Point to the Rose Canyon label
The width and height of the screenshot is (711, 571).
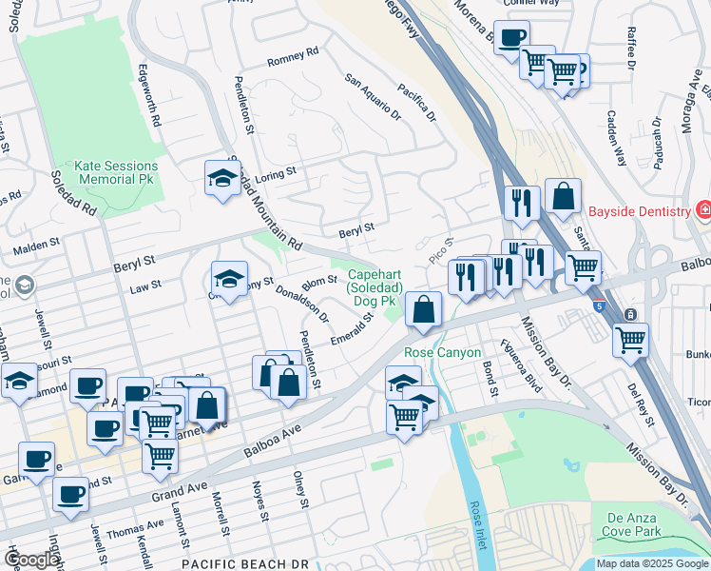pyautogui.click(x=438, y=352)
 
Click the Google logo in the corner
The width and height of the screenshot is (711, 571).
pyautogui.click(x=29, y=560)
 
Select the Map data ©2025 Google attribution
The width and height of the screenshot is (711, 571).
pyautogui.click(x=651, y=563)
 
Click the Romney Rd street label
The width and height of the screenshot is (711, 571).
pyautogui.click(x=292, y=59)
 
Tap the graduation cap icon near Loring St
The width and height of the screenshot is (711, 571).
pyautogui.click(x=222, y=178)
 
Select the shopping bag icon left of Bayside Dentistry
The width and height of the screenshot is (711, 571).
pyautogui.click(x=563, y=197)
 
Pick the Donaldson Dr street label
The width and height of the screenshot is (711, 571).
pyautogui.click(x=302, y=304)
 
